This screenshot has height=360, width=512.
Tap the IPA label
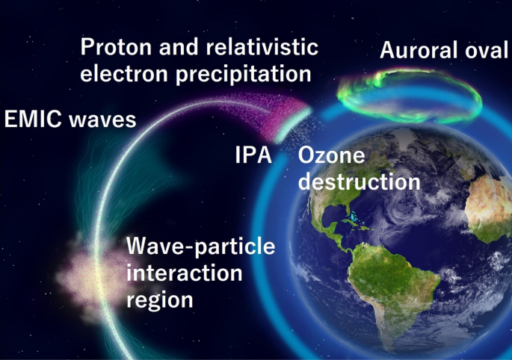point(253,156)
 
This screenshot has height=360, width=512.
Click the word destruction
point(359,181)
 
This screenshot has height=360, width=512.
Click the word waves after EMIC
point(101,119)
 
